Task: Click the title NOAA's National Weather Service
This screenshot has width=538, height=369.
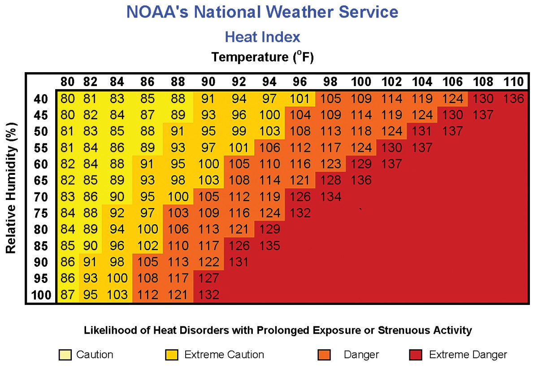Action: click(262, 12)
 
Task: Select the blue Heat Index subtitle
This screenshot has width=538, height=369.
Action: click(262, 36)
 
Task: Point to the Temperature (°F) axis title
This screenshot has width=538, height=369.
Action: click(262, 57)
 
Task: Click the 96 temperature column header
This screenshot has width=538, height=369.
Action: click(300, 82)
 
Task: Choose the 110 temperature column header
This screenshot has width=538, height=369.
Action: click(513, 82)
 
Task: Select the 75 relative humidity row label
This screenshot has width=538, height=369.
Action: click(42, 213)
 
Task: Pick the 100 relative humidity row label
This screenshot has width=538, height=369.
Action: click(42, 295)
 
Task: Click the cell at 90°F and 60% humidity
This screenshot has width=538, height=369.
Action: click(208, 164)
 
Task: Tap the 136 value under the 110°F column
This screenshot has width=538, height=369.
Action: click(513, 99)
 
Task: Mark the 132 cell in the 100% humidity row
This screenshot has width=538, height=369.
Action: click(208, 295)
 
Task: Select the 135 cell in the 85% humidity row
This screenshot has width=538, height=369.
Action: click(269, 246)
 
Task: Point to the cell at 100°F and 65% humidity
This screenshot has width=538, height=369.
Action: click(361, 180)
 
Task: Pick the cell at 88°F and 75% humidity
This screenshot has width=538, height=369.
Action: click(178, 213)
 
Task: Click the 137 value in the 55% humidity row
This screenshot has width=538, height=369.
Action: click(422, 148)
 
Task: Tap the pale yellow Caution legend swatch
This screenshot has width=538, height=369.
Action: click(65, 355)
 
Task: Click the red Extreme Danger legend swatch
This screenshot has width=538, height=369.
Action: click(415, 355)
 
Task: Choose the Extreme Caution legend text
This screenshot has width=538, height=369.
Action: click(224, 355)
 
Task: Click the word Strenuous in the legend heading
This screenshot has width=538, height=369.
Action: click(390, 330)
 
